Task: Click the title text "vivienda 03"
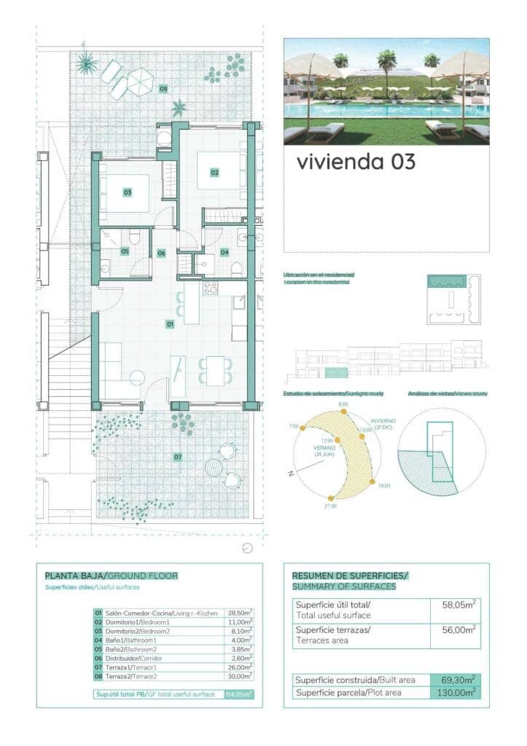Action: (356, 161)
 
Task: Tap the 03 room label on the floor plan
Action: (127, 192)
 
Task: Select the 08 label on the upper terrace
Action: (163, 89)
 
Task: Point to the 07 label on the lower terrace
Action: (177, 457)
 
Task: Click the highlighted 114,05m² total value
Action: (239, 694)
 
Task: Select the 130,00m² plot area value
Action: (456, 692)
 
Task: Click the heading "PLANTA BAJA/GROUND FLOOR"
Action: (111, 576)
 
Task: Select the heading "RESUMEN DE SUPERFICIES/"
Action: (350, 576)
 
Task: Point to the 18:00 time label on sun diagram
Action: (384, 486)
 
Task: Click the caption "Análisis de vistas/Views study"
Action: (448, 394)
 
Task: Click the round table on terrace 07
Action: (214, 466)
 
